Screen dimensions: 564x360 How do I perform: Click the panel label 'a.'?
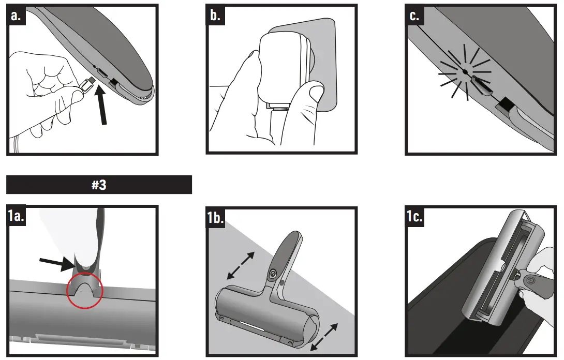[16, 16]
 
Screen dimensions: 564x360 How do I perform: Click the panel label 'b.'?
[215, 16]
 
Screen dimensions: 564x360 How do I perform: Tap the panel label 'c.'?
[414, 16]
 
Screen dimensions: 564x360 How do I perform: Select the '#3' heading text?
[99, 185]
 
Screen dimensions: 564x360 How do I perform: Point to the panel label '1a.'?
[16, 216]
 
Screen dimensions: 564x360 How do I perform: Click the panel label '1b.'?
[215, 217]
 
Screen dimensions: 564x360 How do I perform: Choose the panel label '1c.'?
[414, 217]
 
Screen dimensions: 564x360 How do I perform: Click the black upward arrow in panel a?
[102, 107]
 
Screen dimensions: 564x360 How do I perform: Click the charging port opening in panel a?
[103, 72]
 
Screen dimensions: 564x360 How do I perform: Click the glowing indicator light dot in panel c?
[465, 72]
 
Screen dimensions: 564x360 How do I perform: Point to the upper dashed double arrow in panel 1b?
[241, 265]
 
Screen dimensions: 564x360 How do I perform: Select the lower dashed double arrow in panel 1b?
[324, 337]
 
